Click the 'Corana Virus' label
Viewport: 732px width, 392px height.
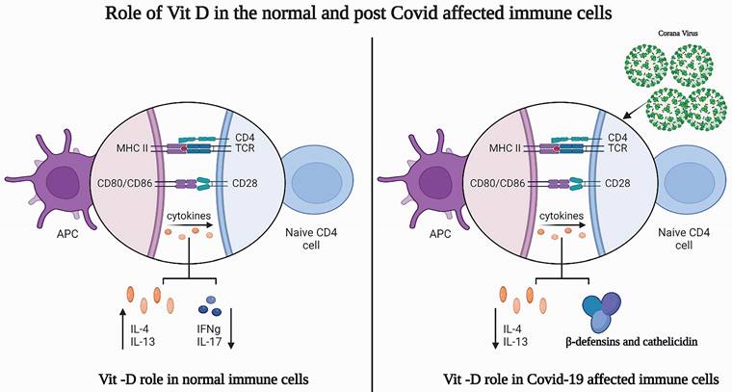[x=678, y=34]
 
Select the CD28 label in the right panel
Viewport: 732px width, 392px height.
[x=617, y=183]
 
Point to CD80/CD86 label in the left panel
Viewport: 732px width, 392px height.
[x=124, y=183]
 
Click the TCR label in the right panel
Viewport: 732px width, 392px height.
[x=617, y=148]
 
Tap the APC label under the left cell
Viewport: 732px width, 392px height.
[x=67, y=233]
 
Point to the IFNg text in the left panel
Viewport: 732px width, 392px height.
[x=208, y=329]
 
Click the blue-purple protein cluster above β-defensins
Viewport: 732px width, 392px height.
[x=602, y=310]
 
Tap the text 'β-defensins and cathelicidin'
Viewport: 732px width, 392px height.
[x=632, y=342]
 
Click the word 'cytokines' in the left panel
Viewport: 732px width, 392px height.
[x=189, y=216]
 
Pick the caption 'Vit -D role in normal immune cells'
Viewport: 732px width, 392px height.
[x=203, y=378]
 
